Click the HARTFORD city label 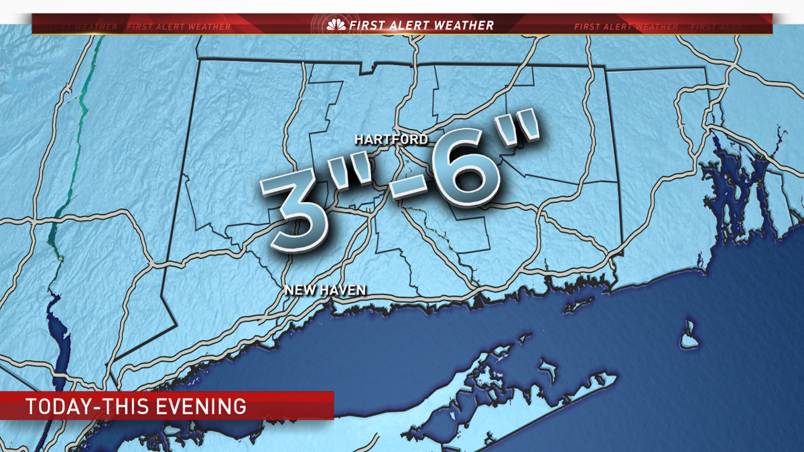391,139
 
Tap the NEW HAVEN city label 325,290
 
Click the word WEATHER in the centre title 463,25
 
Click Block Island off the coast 688,334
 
